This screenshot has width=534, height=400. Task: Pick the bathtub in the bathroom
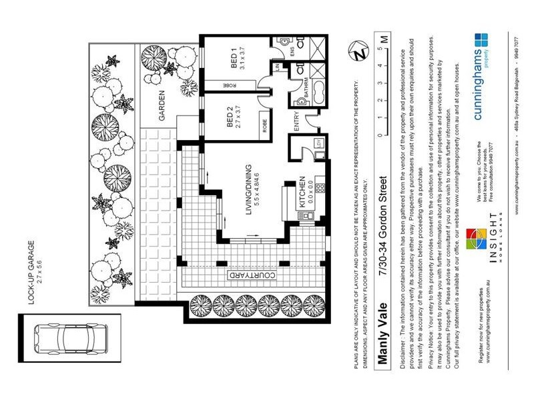click(x=314, y=90)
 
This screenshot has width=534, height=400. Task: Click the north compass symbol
click(x=361, y=51)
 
